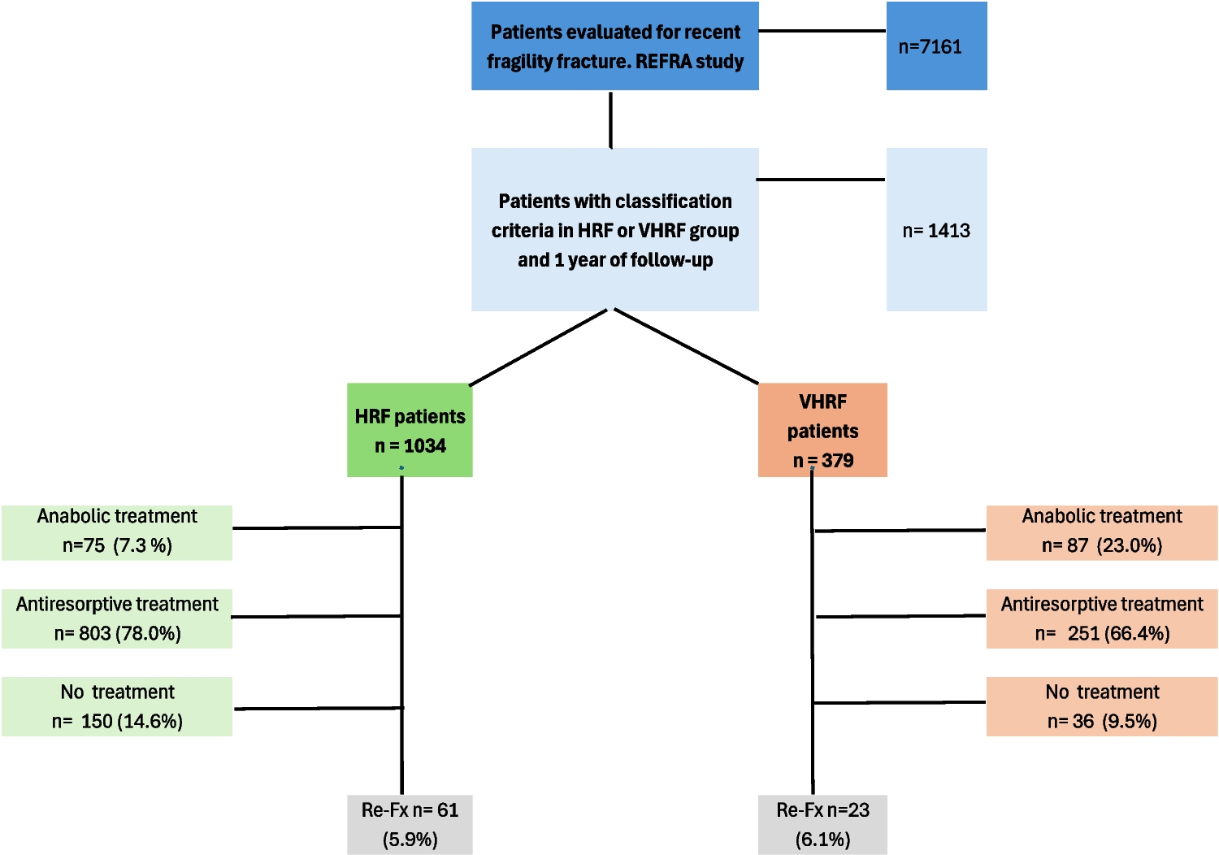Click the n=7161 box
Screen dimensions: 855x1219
936,46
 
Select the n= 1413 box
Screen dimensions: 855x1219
936,230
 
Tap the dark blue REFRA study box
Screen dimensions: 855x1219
615,46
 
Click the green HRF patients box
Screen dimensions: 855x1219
410,430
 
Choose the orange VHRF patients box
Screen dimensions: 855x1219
822,430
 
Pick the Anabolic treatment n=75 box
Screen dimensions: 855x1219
117,532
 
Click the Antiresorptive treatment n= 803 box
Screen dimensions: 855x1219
117,618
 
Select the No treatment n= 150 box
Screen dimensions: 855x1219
117,706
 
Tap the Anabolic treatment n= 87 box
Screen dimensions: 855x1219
1102,532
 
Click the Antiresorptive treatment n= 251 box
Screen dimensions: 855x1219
1102,618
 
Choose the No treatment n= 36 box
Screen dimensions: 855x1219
1102,706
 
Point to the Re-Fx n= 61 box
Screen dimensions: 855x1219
410,824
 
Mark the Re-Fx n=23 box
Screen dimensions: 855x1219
822,824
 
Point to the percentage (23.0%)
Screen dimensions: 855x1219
1130,546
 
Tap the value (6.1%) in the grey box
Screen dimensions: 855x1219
822,840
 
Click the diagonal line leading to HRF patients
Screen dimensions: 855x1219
538,348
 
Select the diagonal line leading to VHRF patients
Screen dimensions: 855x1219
687,346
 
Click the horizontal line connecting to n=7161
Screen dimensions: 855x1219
822,31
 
